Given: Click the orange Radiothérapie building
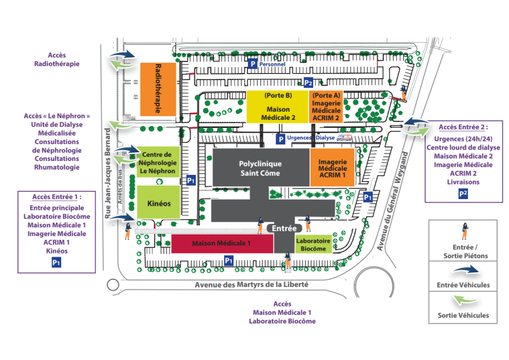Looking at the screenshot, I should point(154,89).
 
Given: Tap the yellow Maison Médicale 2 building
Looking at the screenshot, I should point(278,107).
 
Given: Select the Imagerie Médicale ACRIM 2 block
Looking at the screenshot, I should point(326,107).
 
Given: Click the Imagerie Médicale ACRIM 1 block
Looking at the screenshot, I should point(332,168).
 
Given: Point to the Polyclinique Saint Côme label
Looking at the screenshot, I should point(260,169).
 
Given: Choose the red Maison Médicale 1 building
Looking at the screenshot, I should point(221,244).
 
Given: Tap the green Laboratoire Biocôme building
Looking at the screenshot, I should point(314,244).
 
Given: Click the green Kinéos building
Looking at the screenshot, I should point(158,203).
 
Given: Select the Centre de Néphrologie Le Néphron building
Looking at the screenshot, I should point(158,163).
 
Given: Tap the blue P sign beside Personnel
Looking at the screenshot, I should point(252,64).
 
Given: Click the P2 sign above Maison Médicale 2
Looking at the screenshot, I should point(308,83).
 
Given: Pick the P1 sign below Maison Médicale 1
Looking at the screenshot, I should point(229,261).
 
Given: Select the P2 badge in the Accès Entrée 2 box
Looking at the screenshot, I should point(463,193).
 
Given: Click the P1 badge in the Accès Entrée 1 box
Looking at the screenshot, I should point(57,262).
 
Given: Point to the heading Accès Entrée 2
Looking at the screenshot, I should point(463,127).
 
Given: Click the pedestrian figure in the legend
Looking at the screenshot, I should point(464,231).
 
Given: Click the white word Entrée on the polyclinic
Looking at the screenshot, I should point(284,228).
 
